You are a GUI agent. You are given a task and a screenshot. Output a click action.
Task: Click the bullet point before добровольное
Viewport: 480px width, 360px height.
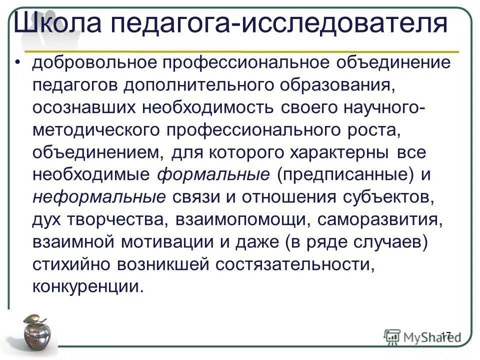18,63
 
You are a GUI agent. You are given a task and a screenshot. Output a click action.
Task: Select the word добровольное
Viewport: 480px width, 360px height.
92,63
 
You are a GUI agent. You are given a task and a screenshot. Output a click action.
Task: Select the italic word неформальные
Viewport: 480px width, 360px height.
98,196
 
